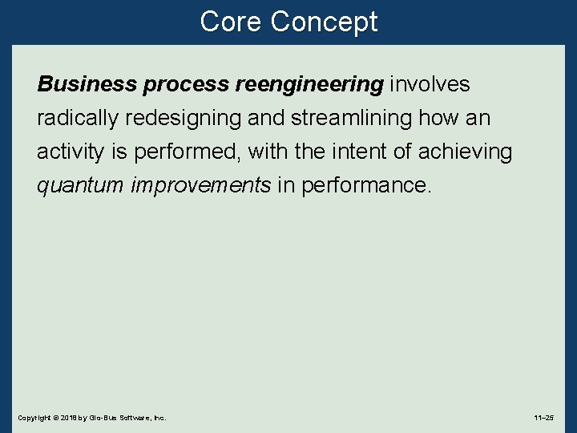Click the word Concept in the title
click(x=324, y=22)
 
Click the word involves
click(x=430, y=84)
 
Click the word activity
click(x=67, y=152)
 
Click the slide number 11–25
click(x=543, y=418)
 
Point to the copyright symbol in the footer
click(x=54, y=418)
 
